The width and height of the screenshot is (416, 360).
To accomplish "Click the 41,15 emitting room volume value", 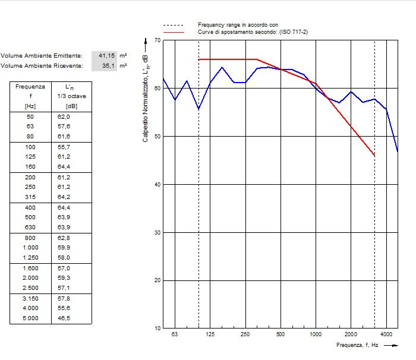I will point(106,55).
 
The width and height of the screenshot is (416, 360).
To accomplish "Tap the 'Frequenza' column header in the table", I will point(30,86).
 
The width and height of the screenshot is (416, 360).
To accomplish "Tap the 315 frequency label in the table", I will point(30,197).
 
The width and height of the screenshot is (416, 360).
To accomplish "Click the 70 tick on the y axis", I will point(157,40).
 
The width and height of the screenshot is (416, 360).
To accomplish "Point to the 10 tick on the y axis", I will point(157,329).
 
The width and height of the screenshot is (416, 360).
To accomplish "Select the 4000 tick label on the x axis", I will point(386,334).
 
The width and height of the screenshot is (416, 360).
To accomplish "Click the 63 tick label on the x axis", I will point(175,334).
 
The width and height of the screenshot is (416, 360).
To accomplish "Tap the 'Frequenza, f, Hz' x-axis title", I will point(357,345).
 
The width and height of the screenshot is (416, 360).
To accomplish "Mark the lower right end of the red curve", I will point(374,156).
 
